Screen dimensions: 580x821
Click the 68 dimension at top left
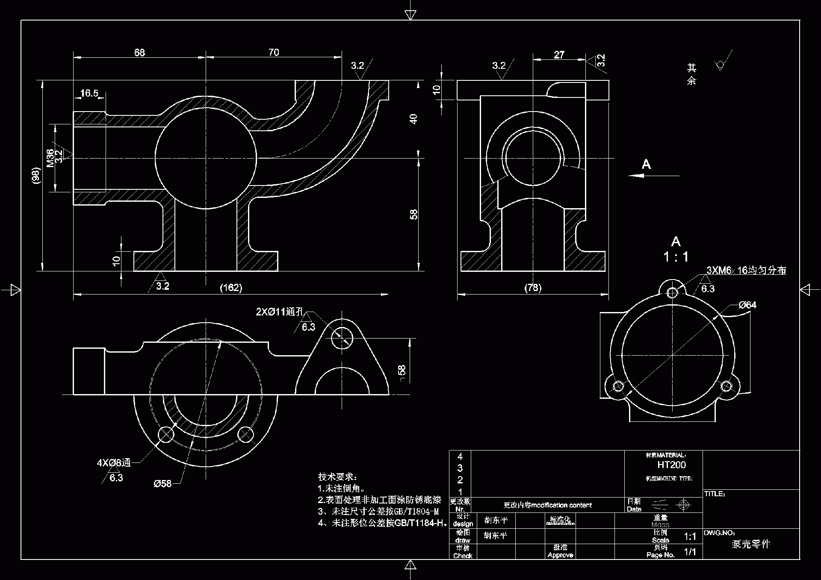(139, 53)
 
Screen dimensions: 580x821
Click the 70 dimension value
(274, 52)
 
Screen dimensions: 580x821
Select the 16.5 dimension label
(89, 93)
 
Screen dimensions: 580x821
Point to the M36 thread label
(50, 158)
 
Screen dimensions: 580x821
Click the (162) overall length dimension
(231, 288)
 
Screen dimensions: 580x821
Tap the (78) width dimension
(533, 288)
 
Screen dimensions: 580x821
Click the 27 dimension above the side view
(559, 55)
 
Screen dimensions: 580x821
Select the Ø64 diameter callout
(747, 305)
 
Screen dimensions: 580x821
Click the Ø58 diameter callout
(162, 483)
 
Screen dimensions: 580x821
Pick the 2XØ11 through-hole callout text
(280, 312)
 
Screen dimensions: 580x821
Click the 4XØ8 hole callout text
(114, 462)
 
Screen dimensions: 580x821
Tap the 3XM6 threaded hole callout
(746, 270)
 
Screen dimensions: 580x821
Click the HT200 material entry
(671, 465)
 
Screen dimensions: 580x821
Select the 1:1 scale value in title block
(690, 536)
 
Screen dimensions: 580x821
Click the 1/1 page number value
(690, 552)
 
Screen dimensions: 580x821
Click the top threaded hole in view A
(672, 292)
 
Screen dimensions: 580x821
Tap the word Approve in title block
(560, 555)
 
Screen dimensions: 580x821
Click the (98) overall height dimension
(36, 175)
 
